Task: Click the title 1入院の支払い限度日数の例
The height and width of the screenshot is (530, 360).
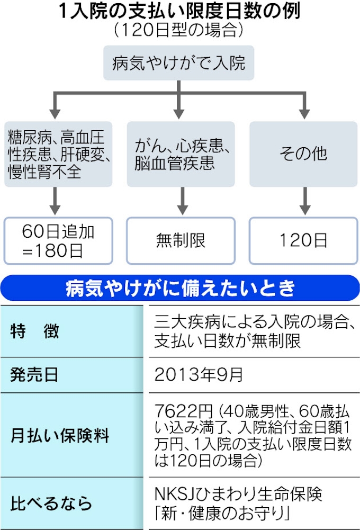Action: pyautogui.click(x=179, y=11)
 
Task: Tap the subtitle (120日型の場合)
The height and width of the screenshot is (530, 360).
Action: pyautogui.click(x=179, y=30)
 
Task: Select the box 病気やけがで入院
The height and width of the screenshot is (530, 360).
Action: pyautogui.click(x=178, y=63)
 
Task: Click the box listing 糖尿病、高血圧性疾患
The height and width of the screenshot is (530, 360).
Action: pyautogui.click(x=58, y=154)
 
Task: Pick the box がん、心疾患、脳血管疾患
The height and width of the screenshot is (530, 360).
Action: pyautogui.click(x=181, y=154)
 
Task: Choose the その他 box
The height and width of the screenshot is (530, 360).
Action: pyautogui.click(x=303, y=154)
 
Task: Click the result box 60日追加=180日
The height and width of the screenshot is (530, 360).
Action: pyautogui.click(x=58, y=241)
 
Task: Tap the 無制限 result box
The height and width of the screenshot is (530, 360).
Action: pyautogui.click(x=181, y=241)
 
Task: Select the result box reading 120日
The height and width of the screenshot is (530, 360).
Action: pyautogui.click(x=303, y=241)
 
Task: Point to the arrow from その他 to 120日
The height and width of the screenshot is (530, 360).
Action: pyautogui.click(x=305, y=201)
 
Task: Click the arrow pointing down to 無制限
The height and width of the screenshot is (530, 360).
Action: pyautogui.click(x=183, y=201)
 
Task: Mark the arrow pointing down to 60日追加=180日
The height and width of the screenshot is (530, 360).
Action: pyautogui.click(x=55, y=201)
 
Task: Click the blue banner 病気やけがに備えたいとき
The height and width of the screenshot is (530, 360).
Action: pyautogui.click(x=180, y=288)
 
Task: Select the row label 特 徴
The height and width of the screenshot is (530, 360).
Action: pyautogui.click(x=35, y=331)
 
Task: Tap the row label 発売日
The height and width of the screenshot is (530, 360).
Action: pyautogui.click(x=34, y=375)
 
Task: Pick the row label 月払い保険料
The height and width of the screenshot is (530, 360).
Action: pyautogui.click(x=60, y=435)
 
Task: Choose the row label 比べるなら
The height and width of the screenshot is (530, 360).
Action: pyautogui.click(x=51, y=504)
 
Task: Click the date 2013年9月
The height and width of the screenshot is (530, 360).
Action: pyautogui.click(x=199, y=374)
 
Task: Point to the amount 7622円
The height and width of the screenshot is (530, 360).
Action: pyautogui.click(x=184, y=411)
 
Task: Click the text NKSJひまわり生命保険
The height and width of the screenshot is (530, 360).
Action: pyautogui.click(x=238, y=494)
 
